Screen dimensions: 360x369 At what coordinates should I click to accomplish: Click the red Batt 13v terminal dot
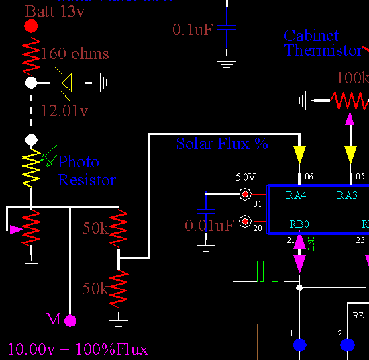(31, 26)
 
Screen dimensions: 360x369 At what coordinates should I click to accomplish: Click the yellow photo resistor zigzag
(31, 169)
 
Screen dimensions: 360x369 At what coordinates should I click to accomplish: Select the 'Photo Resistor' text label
(87, 171)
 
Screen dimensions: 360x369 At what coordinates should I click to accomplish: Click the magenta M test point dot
(70, 320)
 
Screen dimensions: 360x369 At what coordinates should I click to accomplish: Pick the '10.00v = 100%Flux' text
(78, 349)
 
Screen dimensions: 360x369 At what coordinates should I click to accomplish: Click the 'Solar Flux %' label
(222, 144)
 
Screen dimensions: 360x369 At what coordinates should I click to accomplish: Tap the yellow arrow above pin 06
(299, 154)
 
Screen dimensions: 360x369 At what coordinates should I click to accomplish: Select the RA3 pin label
(347, 195)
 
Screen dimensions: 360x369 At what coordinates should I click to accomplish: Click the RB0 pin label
(299, 224)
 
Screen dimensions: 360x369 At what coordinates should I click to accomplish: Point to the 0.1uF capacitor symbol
(227, 29)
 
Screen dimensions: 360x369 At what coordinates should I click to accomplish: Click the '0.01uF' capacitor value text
(209, 225)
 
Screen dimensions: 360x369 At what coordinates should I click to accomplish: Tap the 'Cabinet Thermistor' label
(323, 43)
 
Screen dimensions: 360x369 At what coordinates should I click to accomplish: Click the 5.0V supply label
(245, 177)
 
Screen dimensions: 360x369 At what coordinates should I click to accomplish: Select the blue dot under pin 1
(299, 345)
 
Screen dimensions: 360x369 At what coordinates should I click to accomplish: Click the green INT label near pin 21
(311, 244)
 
